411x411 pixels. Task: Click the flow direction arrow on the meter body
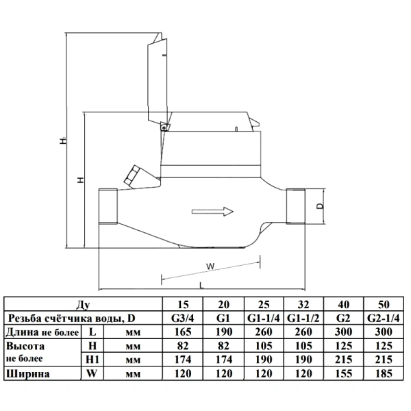click(212, 212)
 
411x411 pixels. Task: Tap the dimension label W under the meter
click(210, 266)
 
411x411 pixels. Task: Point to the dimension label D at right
click(321, 206)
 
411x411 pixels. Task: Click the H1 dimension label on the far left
click(63, 140)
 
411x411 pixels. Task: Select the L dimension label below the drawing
click(201, 285)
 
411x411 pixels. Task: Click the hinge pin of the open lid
click(164, 127)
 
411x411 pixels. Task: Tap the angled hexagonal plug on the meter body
click(132, 174)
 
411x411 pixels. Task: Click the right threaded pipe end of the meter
click(296, 206)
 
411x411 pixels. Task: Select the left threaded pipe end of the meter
click(108, 206)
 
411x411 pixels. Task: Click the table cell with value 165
click(183, 332)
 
